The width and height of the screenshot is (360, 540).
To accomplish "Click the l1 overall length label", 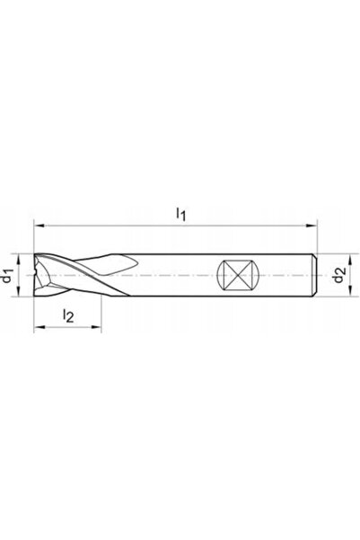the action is [x=181, y=214].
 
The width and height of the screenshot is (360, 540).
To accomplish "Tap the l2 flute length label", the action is [x=68, y=315].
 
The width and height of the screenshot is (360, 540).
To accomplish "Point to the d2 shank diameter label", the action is [x=339, y=276].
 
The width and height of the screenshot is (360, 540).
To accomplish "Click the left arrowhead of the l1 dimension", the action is [x=39, y=226].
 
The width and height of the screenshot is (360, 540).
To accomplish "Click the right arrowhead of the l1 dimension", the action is [x=312, y=226].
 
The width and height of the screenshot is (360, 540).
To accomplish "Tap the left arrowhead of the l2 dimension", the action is [x=39, y=327].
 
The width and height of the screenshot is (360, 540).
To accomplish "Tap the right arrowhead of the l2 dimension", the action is [x=96, y=327].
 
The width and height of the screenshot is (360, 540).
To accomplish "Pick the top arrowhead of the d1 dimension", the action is [x=19, y=259].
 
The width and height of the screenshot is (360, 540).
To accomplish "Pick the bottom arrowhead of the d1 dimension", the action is [x=19, y=291].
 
